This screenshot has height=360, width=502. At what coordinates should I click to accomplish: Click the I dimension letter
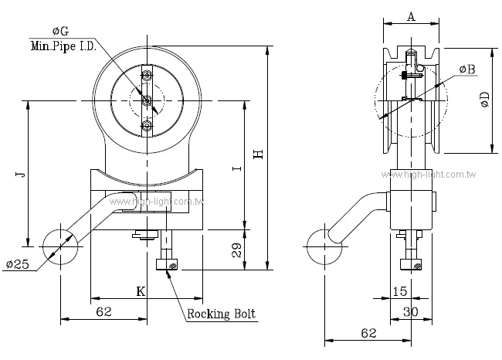pyautogui.click(x=238, y=167)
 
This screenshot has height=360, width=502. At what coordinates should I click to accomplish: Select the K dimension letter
pyautogui.click(x=141, y=291)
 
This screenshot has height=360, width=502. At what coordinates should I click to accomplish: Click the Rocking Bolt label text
pyautogui.click(x=221, y=314)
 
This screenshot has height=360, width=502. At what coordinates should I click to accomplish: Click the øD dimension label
pyautogui.click(x=484, y=100)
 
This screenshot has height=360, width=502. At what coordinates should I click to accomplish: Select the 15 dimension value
pyautogui.click(x=399, y=291)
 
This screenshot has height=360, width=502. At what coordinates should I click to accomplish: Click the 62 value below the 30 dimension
pyautogui.click(x=368, y=332)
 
